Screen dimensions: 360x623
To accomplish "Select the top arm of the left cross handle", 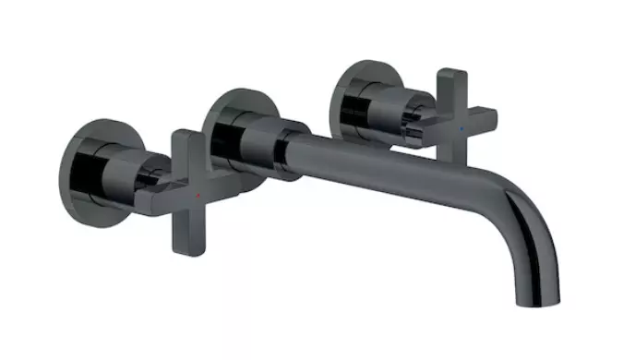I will (186, 149).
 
